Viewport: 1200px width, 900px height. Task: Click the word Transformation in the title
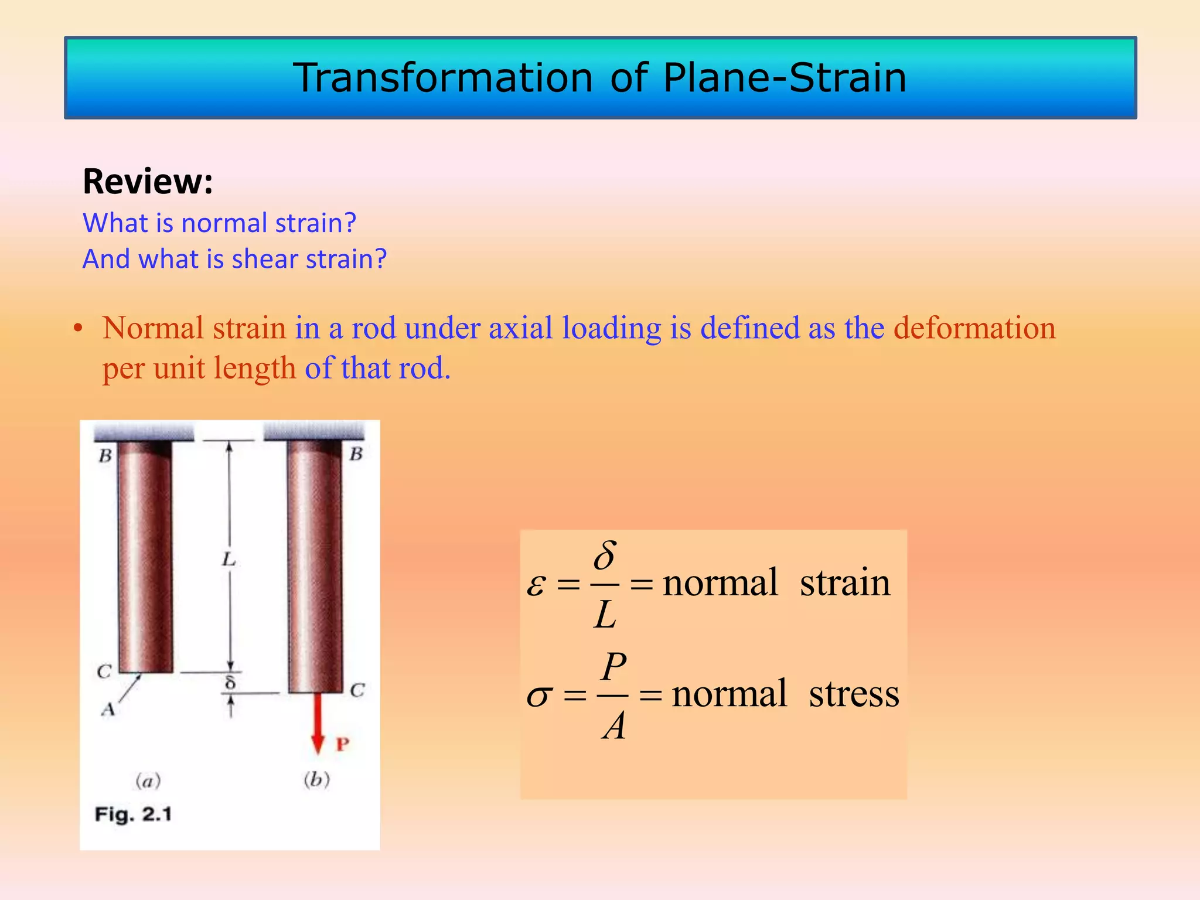pos(443,78)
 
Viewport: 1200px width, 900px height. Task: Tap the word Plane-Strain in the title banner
pos(785,78)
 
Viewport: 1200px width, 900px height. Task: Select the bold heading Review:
pos(148,181)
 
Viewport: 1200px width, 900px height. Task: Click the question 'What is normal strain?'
pos(219,223)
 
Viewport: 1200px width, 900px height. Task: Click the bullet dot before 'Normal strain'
pos(77,329)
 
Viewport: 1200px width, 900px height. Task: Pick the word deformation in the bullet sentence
pos(974,328)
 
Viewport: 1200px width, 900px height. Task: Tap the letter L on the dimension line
pos(229,560)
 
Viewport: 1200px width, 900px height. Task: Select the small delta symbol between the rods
pos(230,683)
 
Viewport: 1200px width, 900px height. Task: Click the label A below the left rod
pos(108,710)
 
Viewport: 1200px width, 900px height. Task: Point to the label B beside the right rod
pos(356,454)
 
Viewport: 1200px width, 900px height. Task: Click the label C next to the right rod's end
pos(357,690)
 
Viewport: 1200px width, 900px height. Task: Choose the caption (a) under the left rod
pos(148,781)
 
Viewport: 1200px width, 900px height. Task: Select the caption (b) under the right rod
pos(316,780)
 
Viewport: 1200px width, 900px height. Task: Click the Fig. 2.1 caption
pos(133,814)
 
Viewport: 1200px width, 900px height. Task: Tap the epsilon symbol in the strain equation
pos(536,585)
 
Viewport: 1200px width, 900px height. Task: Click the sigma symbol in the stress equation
pos(538,696)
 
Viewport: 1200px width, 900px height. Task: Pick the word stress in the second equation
pos(854,694)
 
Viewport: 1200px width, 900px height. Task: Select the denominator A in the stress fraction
pos(613,727)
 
